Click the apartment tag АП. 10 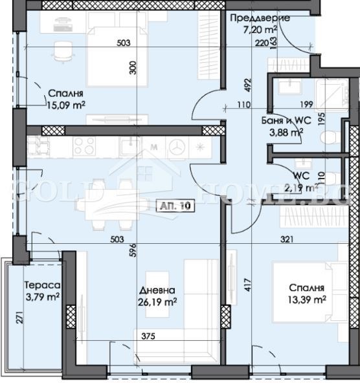click(x=175, y=206)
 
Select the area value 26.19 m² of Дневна click(x=158, y=301)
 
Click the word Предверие click(x=260, y=17)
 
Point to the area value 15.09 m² click(x=66, y=102)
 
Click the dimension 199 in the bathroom click(x=306, y=104)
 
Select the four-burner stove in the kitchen click(x=84, y=146)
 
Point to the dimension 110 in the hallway click(x=243, y=104)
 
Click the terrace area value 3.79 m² click(x=42, y=298)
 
